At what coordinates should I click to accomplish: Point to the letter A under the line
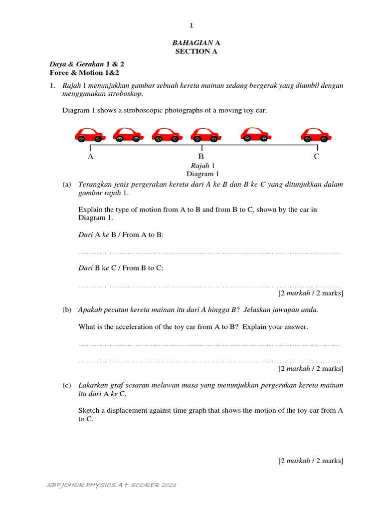pos(90,157)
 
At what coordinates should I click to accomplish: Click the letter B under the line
pos(202,157)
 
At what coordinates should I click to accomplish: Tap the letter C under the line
pos(317,157)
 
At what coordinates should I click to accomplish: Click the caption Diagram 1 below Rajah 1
pos(202,174)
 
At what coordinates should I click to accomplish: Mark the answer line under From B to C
pos(209,286)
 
